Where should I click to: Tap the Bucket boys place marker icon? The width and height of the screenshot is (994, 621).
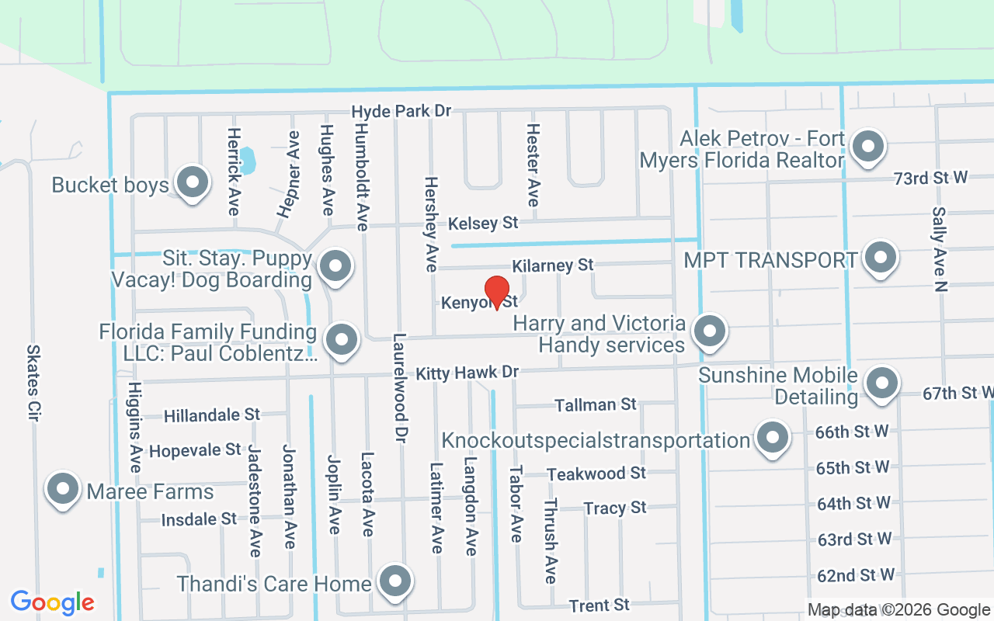tap(191, 183)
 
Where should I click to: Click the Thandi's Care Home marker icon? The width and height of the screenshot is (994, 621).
tap(395, 581)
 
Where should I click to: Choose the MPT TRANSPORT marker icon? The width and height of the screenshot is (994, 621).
tap(881, 258)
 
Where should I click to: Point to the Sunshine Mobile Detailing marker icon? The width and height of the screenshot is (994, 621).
tap(881, 383)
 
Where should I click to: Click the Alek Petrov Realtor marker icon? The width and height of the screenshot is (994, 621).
tap(867, 147)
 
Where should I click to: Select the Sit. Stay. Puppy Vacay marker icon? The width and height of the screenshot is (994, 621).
tap(335, 265)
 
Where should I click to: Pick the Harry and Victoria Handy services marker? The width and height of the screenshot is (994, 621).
tap(708, 331)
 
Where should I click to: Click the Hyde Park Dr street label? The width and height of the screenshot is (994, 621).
tap(401, 112)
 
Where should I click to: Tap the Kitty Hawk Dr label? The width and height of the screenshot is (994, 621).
tap(467, 373)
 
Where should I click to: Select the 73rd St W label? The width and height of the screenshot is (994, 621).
tap(930, 178)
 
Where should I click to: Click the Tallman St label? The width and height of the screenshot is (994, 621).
tap(596, 404)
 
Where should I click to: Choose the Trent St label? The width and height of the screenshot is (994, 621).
tap(599, 605)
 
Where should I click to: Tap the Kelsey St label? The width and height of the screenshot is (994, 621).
tap(483, 224)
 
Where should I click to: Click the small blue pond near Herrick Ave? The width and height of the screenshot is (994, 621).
tap(248, 161)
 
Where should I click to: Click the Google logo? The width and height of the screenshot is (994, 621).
tap(53, 602)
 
